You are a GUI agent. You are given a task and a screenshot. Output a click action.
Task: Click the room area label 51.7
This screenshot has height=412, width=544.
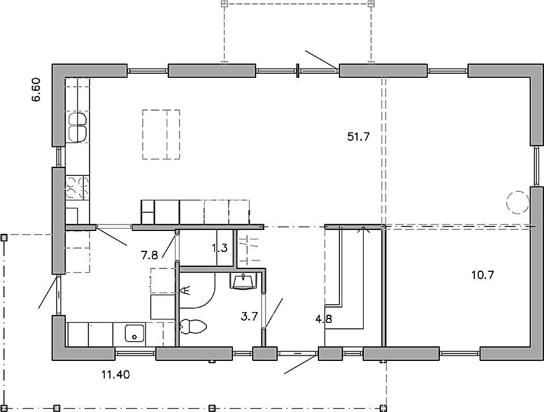[358, 137]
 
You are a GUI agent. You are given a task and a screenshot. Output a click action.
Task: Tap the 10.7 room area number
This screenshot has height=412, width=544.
[482, 275]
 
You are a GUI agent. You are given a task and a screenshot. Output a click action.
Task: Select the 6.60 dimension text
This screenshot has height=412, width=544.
[36, 90]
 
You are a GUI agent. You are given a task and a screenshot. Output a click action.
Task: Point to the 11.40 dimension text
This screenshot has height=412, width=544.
[116, 375]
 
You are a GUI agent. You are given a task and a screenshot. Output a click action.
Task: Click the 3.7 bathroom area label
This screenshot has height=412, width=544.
[249, 317]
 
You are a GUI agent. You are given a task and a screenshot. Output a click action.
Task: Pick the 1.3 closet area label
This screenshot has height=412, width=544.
[220, 248]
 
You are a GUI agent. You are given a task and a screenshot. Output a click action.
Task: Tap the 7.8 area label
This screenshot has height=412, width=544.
[150, 255]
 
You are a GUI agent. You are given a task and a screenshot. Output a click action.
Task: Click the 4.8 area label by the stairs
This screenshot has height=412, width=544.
[324, 318]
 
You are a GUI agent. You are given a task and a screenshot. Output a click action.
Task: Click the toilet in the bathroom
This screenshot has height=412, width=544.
[193, 326]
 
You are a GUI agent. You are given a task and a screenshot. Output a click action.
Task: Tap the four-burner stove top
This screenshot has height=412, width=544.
[77, 188]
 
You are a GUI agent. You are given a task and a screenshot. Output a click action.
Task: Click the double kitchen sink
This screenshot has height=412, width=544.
[78, 127]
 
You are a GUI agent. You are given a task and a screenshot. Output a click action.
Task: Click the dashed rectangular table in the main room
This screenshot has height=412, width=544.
[161, 134]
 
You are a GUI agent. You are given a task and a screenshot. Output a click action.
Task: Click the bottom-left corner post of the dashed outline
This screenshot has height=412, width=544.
[4, 409]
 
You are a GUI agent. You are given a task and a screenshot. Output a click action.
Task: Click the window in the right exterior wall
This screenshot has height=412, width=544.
[537, 166]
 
